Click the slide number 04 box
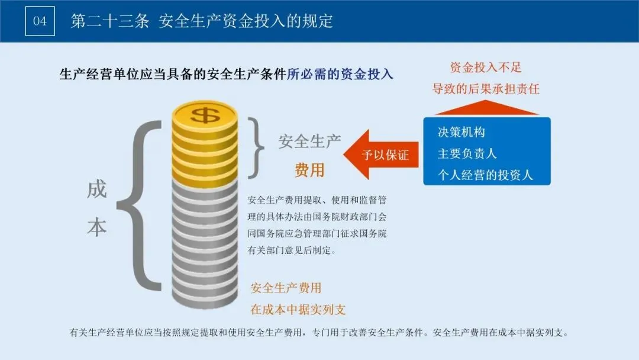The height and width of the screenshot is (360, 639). click(x=40, y=21)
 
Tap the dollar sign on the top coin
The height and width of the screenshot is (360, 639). click(x=204, y=114)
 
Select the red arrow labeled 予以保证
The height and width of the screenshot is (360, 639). click(x=379, y=155)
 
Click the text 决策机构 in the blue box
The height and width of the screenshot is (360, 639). click(x=461, y=132)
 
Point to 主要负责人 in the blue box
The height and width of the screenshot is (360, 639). click(x=467, y=153)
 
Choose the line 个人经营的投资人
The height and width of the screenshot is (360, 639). click(x=485, y=175)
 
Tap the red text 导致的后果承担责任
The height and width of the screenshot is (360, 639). click(x=486, y=89)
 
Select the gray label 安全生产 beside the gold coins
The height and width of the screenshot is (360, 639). click(x=309, y=142)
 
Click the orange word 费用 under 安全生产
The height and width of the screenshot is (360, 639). click(x=310, y=170)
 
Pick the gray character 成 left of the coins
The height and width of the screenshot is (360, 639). click(x=96, y=189)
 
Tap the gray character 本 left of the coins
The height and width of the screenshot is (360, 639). click(x=96, y=227)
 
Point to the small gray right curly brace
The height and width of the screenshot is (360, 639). click(x=256, y=147)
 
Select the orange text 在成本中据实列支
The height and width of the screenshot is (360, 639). click(x=298, y=309)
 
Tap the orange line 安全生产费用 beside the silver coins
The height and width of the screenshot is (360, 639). click(x=286, y=288)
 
